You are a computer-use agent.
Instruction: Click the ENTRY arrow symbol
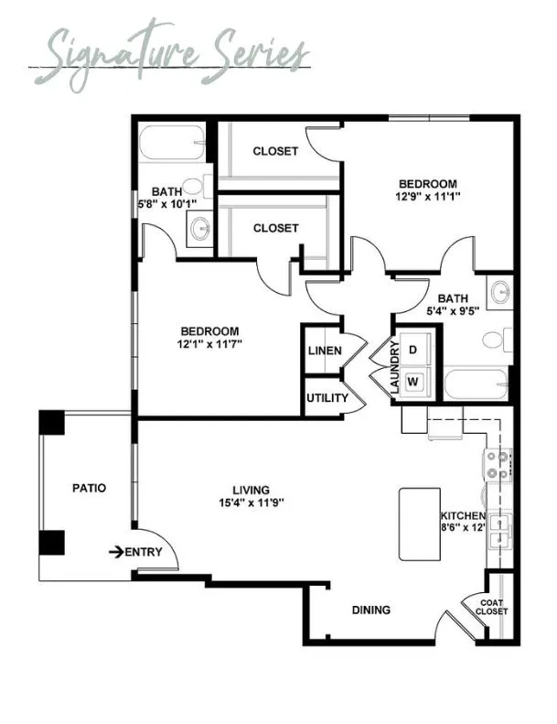pos(116,551)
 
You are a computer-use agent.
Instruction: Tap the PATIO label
pos(89,488)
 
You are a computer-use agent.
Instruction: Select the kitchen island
pos(420,524)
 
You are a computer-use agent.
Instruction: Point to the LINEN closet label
pos(325,351)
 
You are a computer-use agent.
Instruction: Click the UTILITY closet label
pos(327,397)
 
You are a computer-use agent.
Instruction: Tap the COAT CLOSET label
pos(491,607)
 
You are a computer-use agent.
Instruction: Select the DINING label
pos(371,610)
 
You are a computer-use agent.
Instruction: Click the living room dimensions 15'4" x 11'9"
pos(251,502)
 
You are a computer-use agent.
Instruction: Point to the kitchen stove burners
pos(497,465)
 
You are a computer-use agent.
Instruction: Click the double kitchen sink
pos(499,531)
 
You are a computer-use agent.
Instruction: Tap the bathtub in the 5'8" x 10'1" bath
pos(172,143)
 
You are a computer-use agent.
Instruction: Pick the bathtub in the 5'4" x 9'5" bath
pos(476,384)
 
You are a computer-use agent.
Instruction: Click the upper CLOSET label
pos(275,151)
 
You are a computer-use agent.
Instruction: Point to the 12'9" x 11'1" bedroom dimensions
pos(428,196)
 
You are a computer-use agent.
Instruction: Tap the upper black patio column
pos(51,423)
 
